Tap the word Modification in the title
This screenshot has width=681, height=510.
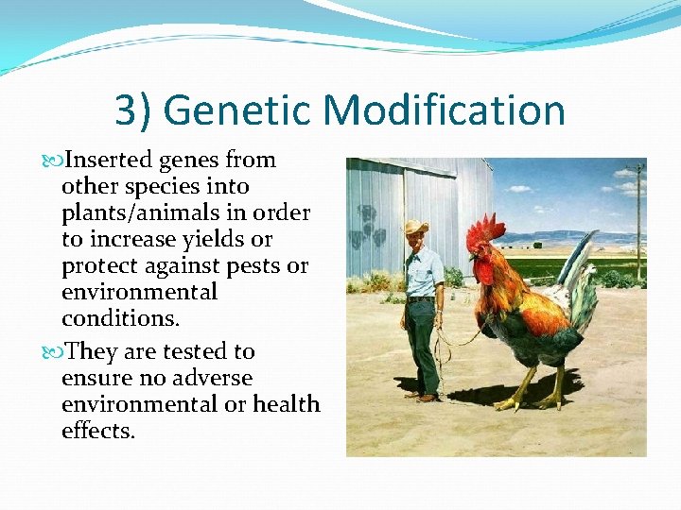coord(445,110)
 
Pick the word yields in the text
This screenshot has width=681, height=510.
coord(223,239)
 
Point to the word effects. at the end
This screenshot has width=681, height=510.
coord(98,431)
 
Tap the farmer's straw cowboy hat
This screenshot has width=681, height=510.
coord(415,228)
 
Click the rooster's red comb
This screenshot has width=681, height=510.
coord(485,229)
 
